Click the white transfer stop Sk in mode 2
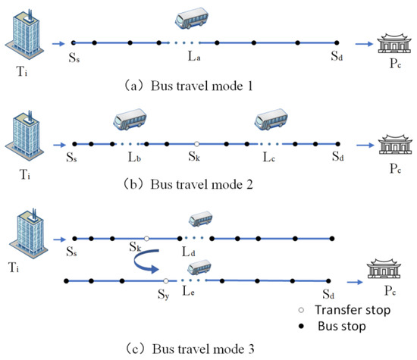pyautogui.click(x=196, y=143)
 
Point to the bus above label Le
pyautogui.click(x=200, y=267)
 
